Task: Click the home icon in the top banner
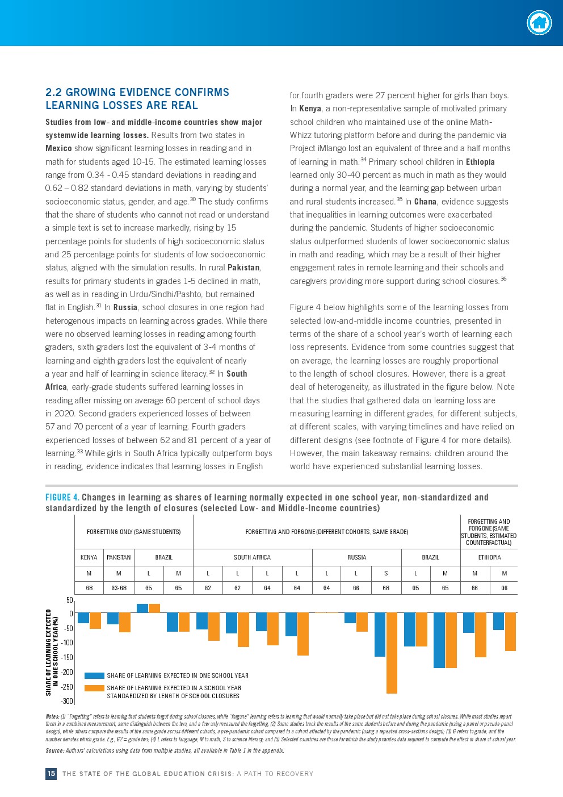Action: [539, 23]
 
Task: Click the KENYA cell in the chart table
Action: [89, 557]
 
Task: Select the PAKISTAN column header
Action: [119, 557]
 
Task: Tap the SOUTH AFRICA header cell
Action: [252, 557]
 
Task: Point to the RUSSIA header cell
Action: [356, 557]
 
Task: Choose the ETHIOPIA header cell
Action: [489, 557]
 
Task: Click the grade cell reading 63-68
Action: [119, 588]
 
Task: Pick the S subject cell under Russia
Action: [386, 573]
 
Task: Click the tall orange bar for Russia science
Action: [392, 653]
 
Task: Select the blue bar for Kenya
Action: [83, 618]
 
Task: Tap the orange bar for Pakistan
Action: [124, 623]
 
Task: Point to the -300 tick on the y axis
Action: [68, 702]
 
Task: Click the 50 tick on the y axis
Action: [70, 600]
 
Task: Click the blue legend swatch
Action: [94, 675]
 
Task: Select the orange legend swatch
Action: [94, 688]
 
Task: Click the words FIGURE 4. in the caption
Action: [62, 498]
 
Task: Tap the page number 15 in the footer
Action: [51, 774]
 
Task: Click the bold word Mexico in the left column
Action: [58, 148]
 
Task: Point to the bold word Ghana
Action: [425, 202]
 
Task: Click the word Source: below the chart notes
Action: [54, 750]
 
